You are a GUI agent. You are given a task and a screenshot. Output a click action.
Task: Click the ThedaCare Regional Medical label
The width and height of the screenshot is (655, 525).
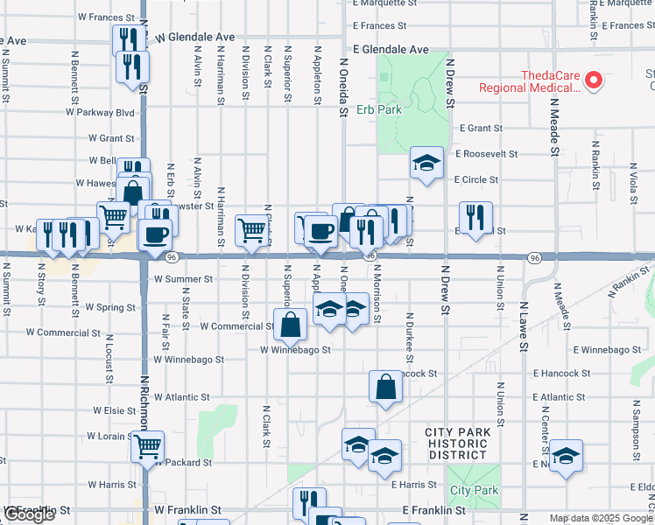(x=528, y=81)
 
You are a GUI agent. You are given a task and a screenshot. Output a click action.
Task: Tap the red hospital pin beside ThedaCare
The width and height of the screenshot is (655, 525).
(x=594, y=80)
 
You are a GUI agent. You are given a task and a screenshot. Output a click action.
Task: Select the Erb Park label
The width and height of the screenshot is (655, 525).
(x=379, y=110)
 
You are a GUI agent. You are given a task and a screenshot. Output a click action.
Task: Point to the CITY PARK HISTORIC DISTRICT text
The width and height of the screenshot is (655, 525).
(x=456, y=444)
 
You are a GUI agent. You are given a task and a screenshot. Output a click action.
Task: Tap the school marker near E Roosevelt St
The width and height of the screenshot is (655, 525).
(x=426, y=164)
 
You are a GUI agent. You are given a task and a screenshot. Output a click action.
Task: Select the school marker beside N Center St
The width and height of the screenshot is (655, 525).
(x=566, y=456)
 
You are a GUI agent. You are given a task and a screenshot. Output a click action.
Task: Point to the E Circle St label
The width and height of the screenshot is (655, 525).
(x=477, y=179)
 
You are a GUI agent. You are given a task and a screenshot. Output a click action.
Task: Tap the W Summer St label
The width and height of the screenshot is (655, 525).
(x=183, y=280)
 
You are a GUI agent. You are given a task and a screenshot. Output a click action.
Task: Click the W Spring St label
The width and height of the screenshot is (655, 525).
(x=110, y=308)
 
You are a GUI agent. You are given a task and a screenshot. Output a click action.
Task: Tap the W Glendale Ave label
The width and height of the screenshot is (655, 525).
(x=196, y=38)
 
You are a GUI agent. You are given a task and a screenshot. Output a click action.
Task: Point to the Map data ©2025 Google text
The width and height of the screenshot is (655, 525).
(x=601, y=518)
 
